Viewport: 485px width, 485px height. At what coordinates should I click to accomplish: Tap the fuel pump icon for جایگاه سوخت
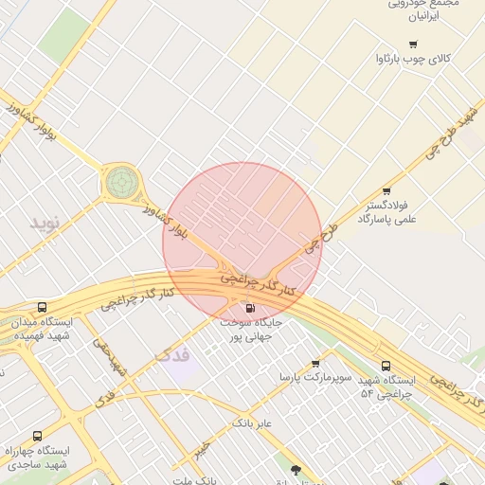pos(250,308)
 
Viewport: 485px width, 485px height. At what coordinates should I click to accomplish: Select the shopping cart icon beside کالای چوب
pos(413,45)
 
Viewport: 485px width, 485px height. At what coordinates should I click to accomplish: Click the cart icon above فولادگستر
pos(386,191)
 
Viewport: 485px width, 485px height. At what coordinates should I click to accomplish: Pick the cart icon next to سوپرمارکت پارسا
pos(315,363)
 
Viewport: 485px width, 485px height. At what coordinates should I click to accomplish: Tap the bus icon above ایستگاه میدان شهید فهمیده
pos(42,308)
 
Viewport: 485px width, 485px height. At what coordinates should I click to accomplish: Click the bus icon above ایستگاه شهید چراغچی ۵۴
pos(386,366)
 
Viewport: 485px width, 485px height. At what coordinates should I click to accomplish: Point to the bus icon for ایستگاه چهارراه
pos(37,436)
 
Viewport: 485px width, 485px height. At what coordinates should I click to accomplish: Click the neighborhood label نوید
pos(44,223)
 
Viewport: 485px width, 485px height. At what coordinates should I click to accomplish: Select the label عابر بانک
pos(252,422)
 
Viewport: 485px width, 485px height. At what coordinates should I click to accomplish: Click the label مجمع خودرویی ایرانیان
pos(423,10)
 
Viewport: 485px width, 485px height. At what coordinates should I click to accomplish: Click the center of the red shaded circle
pos(242,242)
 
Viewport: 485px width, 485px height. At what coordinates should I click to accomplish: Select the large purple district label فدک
pos(171,356)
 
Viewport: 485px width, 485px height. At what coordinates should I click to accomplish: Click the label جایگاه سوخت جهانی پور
pos(245,330)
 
